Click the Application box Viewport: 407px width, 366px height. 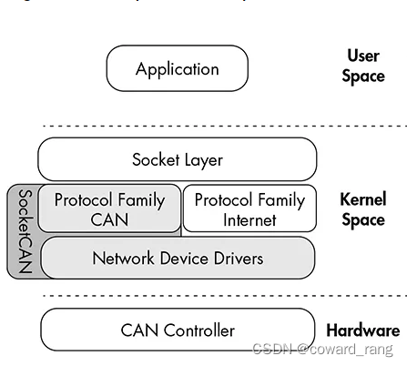click(x=177, y=68)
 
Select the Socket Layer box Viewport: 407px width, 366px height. click(x=177, y=159)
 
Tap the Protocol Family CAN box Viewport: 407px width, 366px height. click(x=109, y=209)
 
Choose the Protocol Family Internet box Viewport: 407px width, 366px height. click(x=249, y=209)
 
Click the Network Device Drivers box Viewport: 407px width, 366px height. click(x=178, y=258)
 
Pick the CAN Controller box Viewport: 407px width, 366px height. click(x=178, y=330)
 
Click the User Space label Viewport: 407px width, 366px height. click(x=362, y=66)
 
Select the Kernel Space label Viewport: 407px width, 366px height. click(x=362, y=208)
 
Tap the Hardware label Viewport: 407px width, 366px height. click(x=362, y=330)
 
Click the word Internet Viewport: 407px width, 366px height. click(x=249, y=219)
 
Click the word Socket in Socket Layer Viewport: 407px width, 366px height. click(x=156, y=159)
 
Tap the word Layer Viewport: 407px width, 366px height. click(x=203, y=159)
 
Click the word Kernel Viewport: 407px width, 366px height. click(x=363, y=198)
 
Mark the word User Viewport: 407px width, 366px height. click(x=362, y=56)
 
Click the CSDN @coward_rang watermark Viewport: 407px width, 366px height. click(x=321, y=350)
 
